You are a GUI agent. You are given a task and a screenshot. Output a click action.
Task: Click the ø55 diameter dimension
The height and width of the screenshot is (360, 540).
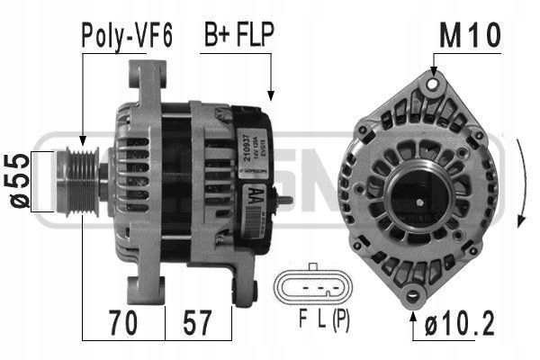[x=17, y=182]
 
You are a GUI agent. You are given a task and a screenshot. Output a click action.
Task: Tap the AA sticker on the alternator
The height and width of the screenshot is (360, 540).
[x=256, y=193]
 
